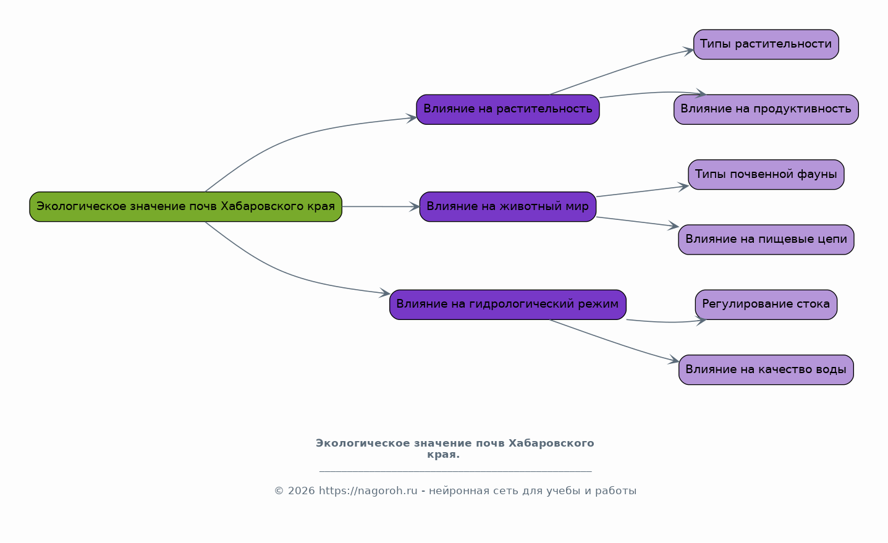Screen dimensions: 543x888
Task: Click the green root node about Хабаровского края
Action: (x=185, y=206)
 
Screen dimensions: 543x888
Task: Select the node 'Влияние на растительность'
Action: (x=507, y=109)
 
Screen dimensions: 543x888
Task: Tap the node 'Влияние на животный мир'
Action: (x=507, y=206)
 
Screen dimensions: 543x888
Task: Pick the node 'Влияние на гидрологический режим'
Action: (x=507, y=304)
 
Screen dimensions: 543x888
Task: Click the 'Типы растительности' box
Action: (x=766, y=44)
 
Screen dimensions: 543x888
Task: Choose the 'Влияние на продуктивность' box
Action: (x=766, y=109)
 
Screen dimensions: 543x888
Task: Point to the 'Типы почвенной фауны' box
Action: (x=766, y=174)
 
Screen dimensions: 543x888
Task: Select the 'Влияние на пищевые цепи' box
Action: (x=766, y=239)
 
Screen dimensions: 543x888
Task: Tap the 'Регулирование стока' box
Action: (x=766, y=304)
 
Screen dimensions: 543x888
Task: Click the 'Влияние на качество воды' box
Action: (x=766, y=369)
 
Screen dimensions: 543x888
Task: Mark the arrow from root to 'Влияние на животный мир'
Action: (x=380, y=206)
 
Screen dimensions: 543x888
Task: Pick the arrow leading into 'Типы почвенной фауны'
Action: (x=643, y=192)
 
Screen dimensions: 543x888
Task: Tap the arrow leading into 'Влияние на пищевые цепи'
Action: (x=636, y=222)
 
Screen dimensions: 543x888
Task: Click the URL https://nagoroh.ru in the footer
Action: (x=368, y=491)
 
